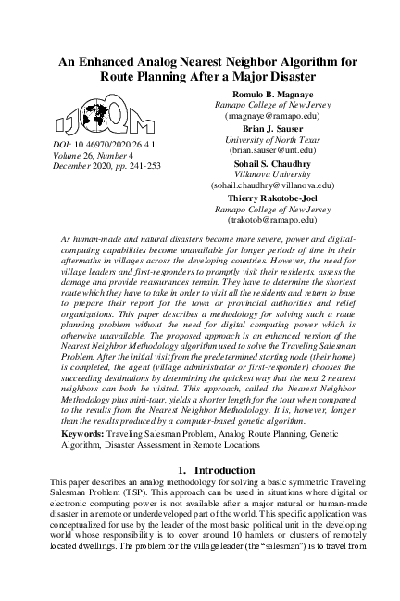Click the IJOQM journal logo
[87, 120]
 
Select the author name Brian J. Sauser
[266, 129]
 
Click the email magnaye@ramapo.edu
[266, 119]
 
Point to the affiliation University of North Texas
[266, 139]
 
